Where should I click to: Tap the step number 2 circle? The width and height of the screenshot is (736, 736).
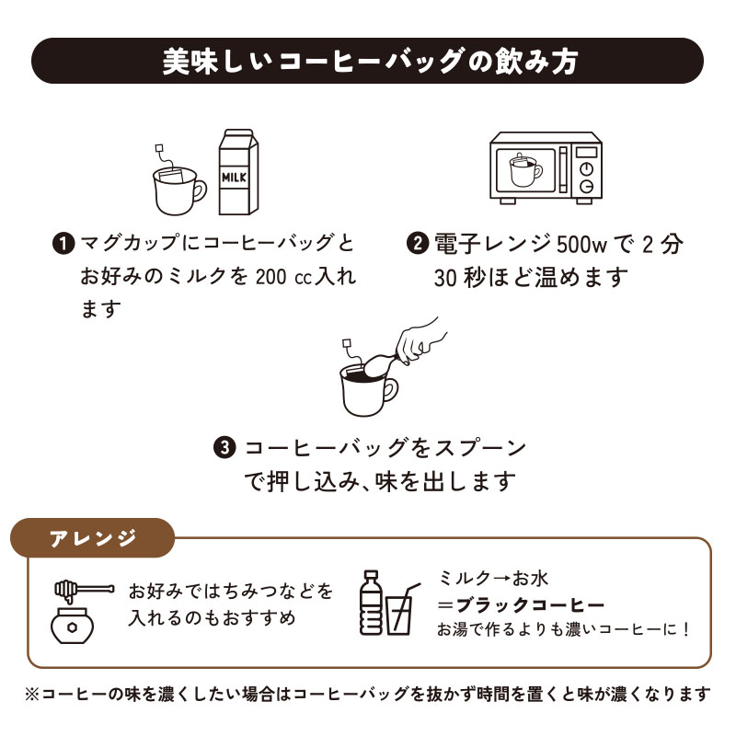pyautogui.click(x=417, y=244)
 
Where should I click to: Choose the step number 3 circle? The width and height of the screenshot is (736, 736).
pyautogui.click(x=225, y=448)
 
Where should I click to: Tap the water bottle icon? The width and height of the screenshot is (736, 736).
pyautogui.click(x=370, y=604)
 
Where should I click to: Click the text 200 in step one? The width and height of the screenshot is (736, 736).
pyautogui.click(x=268, y=276)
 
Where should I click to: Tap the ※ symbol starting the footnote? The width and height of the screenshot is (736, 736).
pyautogui.click(x=33, y=694)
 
